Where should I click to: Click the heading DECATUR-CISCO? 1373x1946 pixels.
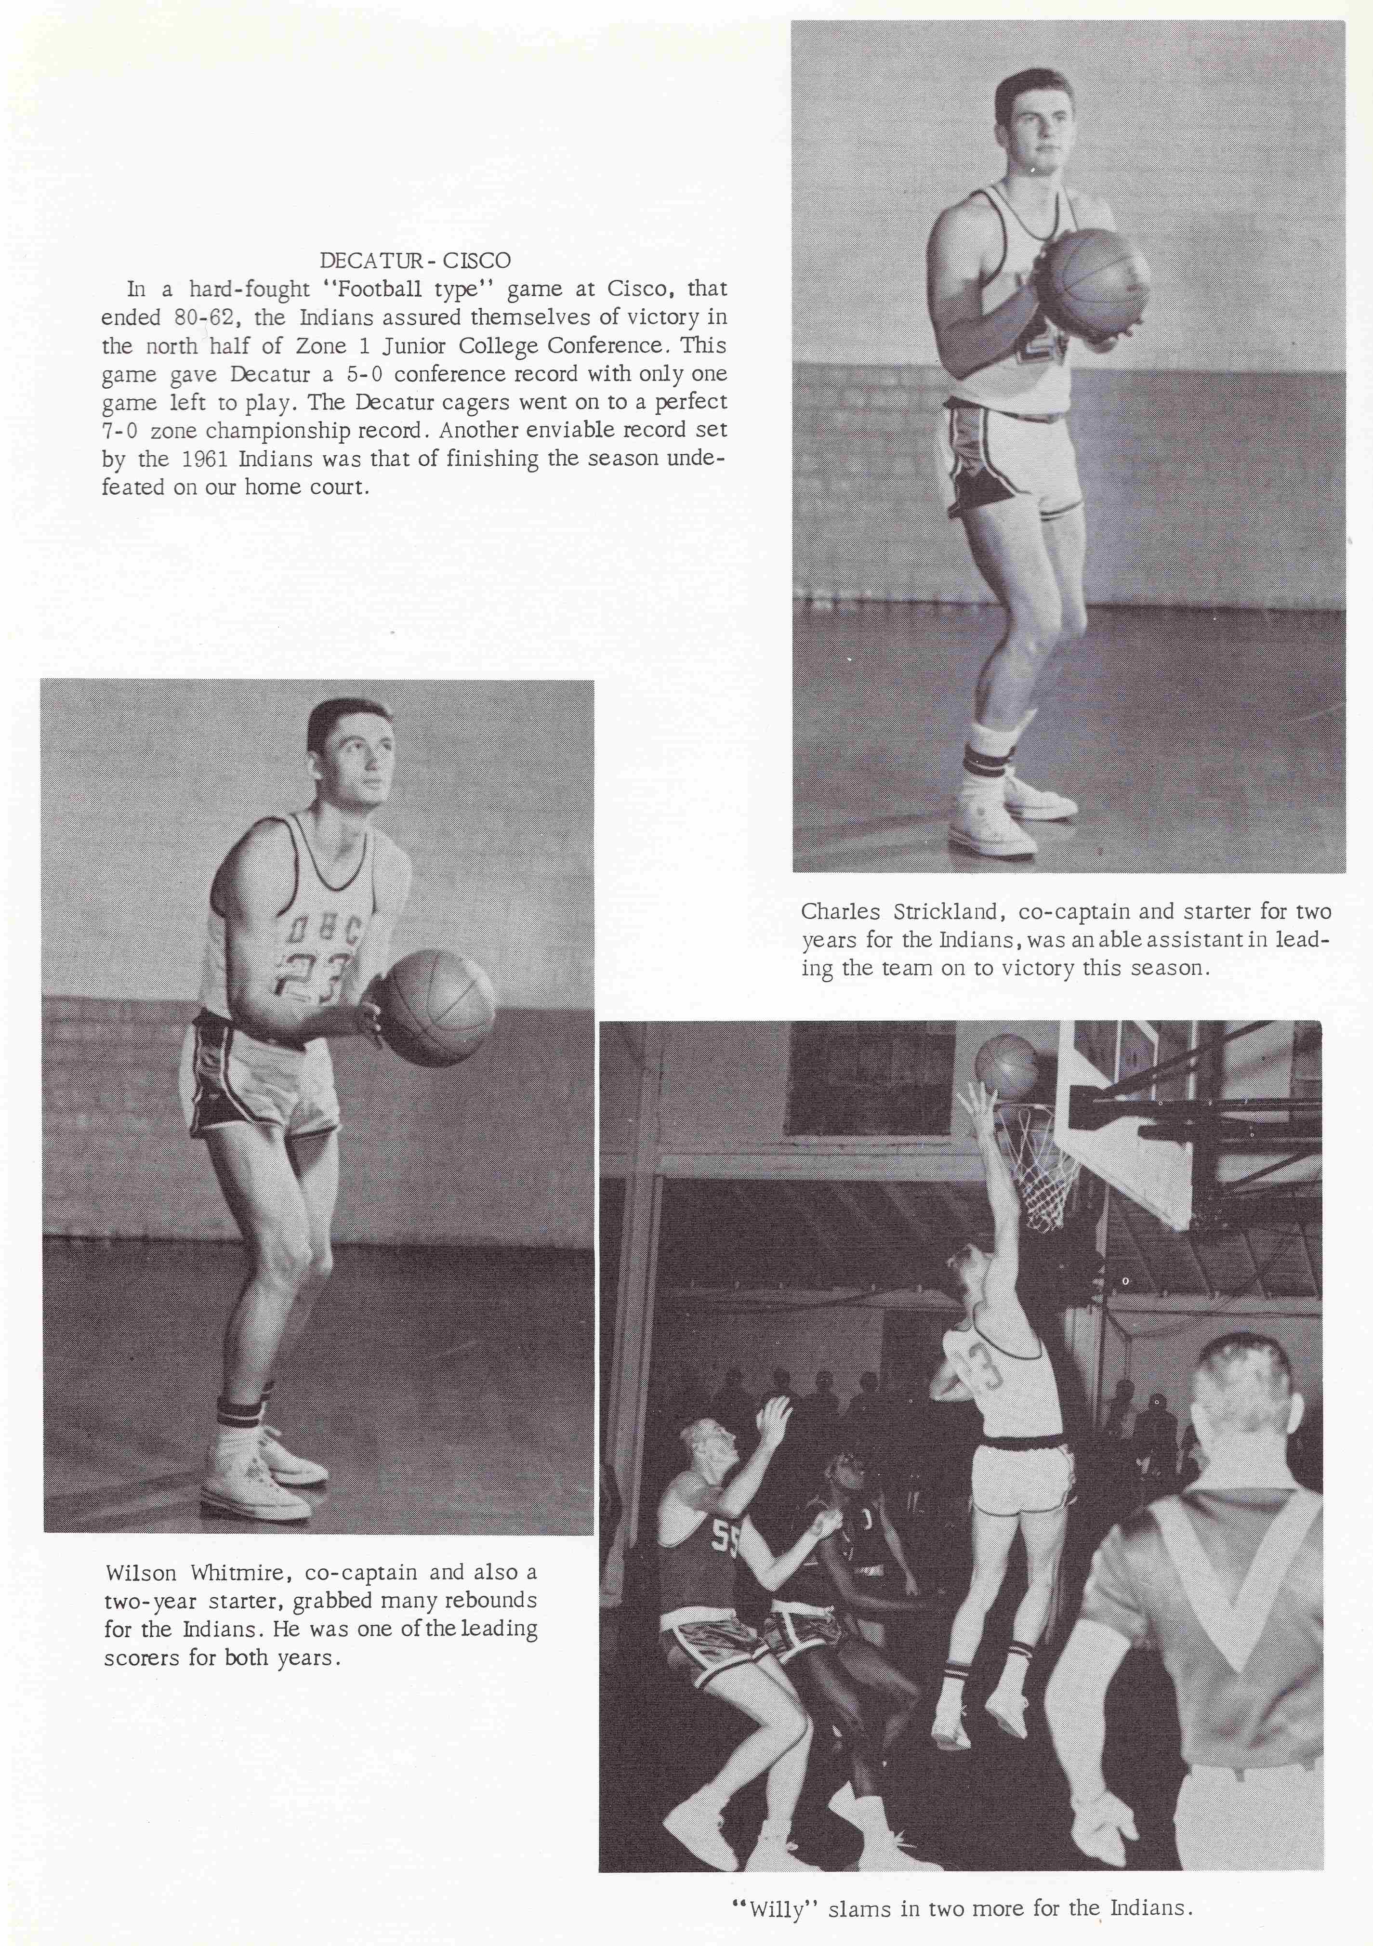tap(415, 259)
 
